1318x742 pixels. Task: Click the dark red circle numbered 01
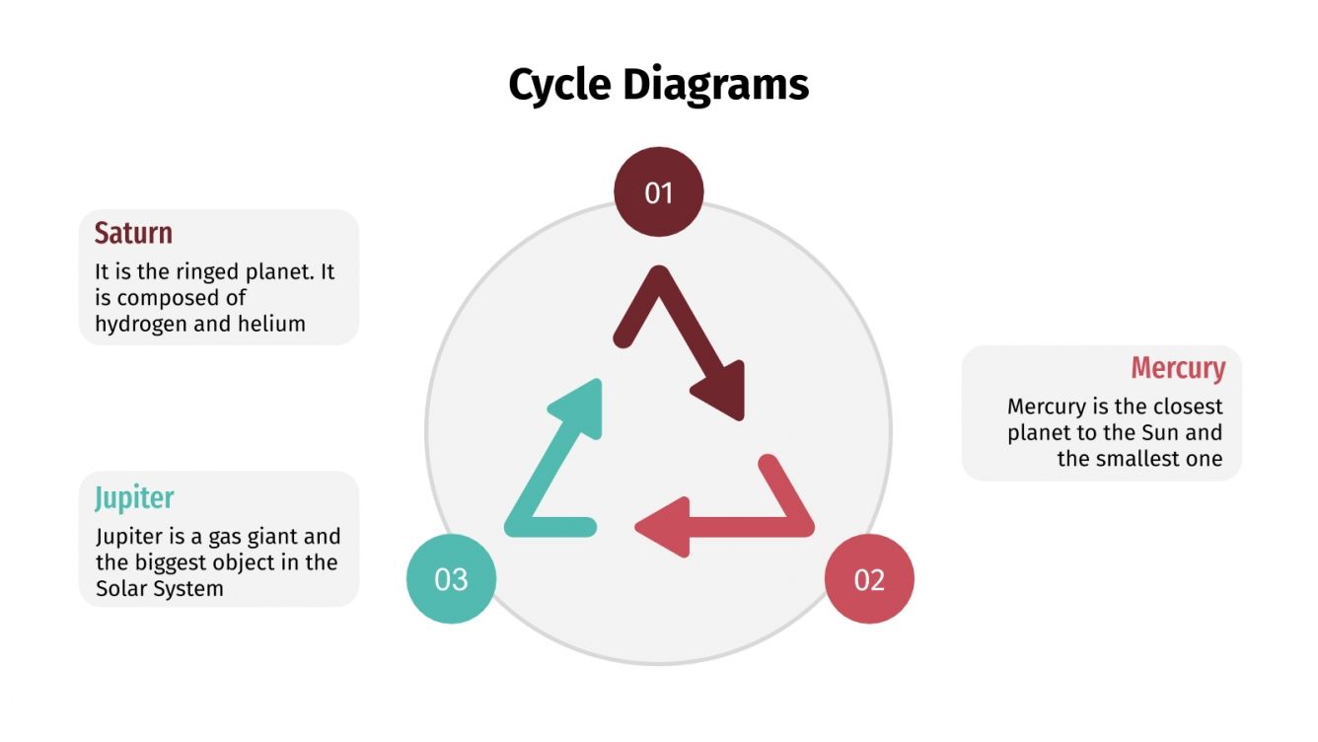pyautogui.click(x=659, y=192)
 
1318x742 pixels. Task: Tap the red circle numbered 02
pyautogui.click(x=869, y=579)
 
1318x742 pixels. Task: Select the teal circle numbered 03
pyautogui.click(x=451, y=579)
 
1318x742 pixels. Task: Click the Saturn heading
pyautogui.click(x=133, y=234)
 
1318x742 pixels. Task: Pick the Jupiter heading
pyautogui.click(x=134, y=498)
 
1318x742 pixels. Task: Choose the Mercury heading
pyautogui.click(x=1178, y=368)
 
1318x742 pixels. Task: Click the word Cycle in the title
pyautogui.click(x=558, y=85)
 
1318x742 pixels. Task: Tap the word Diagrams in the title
pyautogui.click(x=715, y=85)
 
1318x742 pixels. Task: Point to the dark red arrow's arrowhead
pyautogui.click(x=721, y=392)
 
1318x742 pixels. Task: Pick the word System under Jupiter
pyautogui.click(x=189, y=588)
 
